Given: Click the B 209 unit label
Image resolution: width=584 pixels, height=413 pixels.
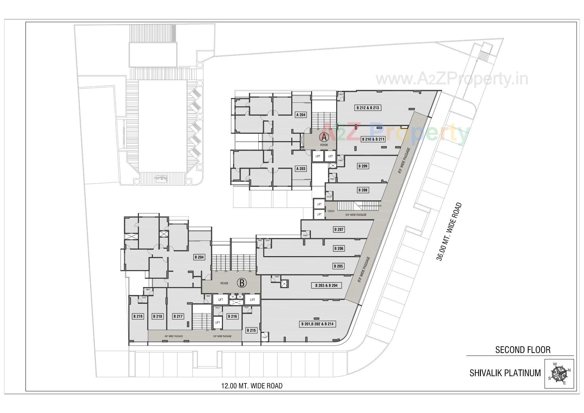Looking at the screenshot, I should (x=363, y=166).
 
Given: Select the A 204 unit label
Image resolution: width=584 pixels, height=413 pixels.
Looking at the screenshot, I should (x=301, y=115).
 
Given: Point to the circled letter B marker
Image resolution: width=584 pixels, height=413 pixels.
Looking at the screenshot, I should (x=242, y=283).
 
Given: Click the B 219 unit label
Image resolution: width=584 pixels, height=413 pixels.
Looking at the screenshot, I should (x=138, y=316).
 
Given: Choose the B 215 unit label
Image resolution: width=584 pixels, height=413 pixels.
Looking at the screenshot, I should (x=251, y=330).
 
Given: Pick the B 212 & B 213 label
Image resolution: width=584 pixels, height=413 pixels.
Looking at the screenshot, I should (x=368, y=108).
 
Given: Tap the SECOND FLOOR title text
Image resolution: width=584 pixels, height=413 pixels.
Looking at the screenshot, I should (x=523, y=350).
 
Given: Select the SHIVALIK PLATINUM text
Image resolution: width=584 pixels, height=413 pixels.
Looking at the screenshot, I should (x=505, y=373).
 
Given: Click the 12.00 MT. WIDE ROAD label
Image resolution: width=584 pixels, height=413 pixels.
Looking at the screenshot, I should (x=252, y=386).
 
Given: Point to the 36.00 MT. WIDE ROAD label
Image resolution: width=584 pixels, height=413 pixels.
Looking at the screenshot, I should (x=449, y=232).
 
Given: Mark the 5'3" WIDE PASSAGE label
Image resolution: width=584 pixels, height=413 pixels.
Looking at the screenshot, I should (x=356, y=215).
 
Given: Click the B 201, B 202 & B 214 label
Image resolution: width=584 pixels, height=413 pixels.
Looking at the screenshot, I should (x=318, y=324).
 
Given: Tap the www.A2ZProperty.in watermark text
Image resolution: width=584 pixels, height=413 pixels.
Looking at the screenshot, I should (x=452, y=79).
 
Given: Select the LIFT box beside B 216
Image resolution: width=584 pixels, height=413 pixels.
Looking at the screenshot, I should (x=217, y=322).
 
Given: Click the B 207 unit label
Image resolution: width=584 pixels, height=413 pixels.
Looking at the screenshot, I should (x=339, y=229).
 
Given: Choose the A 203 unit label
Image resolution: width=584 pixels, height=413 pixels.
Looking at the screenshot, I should (x=301, y=169).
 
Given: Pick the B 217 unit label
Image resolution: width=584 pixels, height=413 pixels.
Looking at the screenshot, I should (x=178, y=316).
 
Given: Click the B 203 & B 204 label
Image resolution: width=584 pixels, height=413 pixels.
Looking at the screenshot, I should (x=326, y=285).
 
